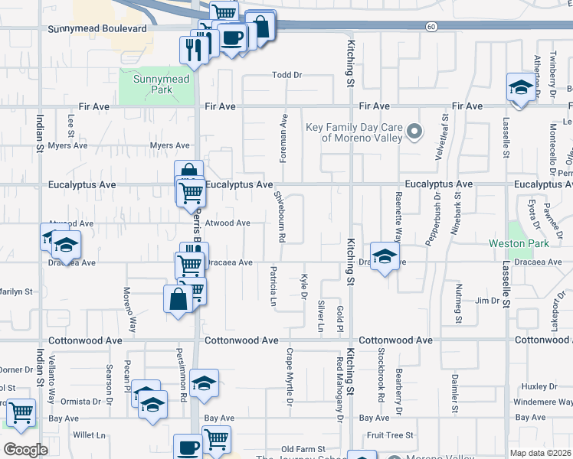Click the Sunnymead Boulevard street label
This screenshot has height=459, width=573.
97,29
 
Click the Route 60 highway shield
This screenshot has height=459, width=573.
432,27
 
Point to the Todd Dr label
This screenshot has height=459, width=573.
288,75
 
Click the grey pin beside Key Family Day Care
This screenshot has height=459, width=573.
415,132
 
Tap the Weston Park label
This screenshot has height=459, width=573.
519,243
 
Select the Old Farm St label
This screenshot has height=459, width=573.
304,449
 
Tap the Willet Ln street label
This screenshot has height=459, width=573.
90,435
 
